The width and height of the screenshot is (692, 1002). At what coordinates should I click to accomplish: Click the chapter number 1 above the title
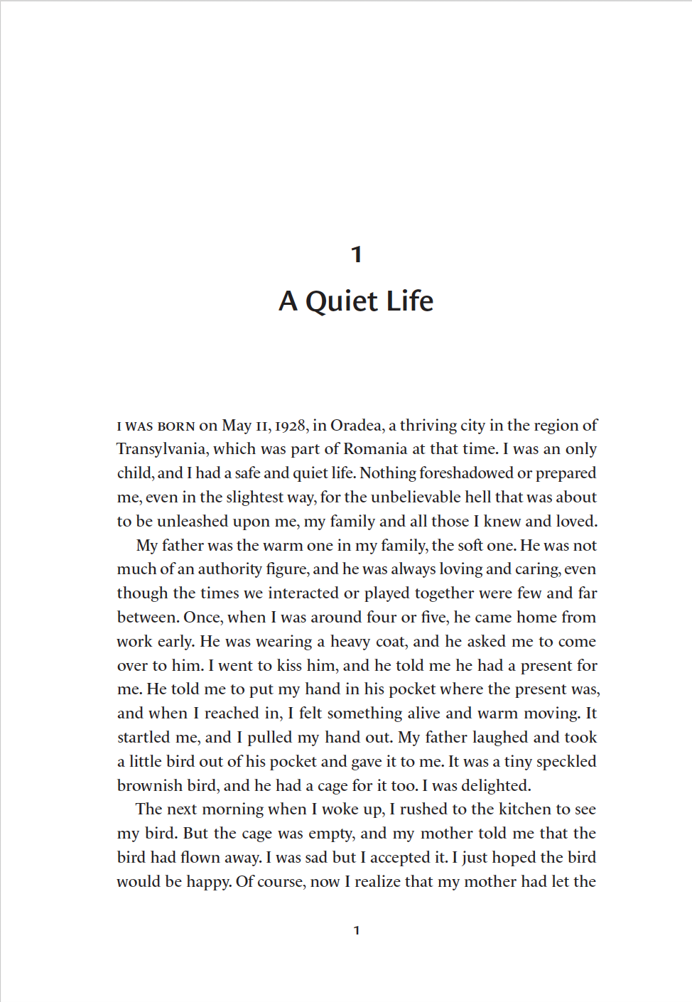coord(357,254)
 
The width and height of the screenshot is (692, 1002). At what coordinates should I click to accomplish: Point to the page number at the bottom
coord(357,930)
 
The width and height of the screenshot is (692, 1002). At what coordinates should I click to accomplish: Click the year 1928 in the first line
coord(291,426)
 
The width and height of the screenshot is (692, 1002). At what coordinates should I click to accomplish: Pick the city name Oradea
coord(357,426)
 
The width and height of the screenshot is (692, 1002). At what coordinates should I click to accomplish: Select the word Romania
coord(375,449)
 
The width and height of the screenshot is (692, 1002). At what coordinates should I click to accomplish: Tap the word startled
coord(143,738)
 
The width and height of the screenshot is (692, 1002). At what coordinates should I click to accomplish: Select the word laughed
coord(494,738)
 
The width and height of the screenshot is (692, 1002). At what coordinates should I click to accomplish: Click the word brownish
coord(149,786)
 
